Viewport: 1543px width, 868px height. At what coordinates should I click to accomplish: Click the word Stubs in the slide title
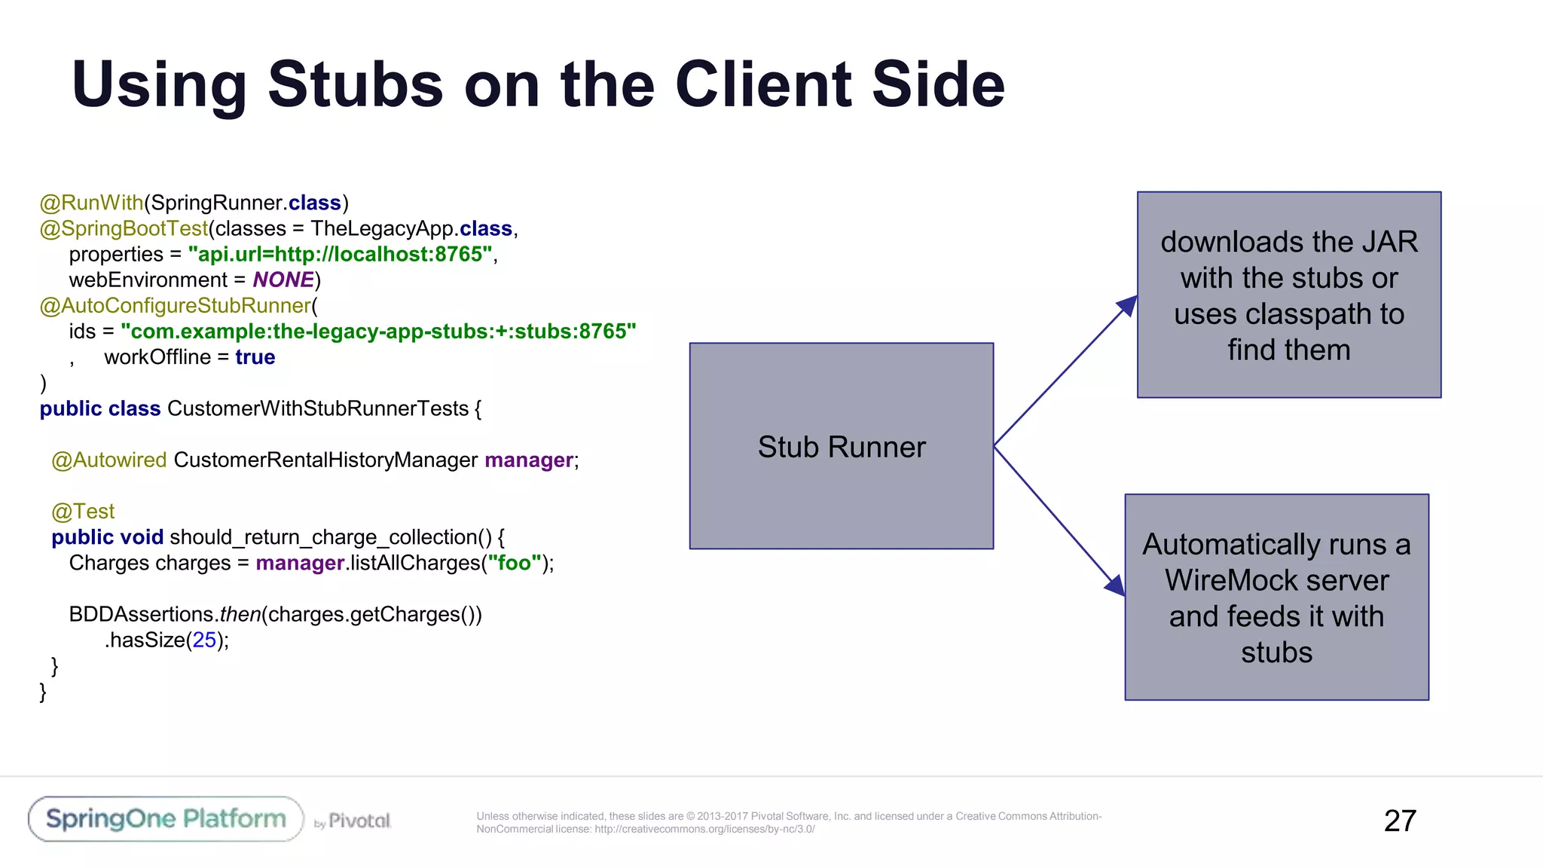pos(355,85)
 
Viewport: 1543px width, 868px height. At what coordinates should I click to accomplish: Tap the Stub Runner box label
pos(841,447)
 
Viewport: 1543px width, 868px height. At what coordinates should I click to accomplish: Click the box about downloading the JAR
pos(1288,295)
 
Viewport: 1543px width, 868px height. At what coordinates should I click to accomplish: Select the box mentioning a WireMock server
pos(1276,598)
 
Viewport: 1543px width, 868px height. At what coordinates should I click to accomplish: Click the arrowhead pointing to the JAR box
pos(1127,306)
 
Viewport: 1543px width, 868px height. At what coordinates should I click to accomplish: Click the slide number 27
pos(1399,821)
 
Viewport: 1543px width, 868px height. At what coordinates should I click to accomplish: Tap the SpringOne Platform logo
pos(166,819)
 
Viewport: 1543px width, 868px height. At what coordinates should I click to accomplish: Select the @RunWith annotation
pos(91,203)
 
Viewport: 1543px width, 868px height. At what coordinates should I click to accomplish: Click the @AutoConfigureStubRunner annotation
pos(175,306)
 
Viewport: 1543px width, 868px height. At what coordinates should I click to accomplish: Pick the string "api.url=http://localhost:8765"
pos(340,255)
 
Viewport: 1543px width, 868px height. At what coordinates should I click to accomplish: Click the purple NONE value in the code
pos(283,280)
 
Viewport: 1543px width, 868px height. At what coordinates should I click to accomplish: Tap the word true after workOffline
pos(255,357)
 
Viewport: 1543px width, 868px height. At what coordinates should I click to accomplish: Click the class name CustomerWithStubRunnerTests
pos(318,408)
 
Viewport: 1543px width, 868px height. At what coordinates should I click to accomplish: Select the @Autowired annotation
pos(109,460)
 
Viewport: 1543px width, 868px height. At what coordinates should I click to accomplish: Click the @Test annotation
pos(83,512)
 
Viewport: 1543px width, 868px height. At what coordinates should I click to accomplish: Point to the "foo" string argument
pos(515,563)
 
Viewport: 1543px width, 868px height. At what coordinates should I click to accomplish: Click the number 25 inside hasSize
pos(204,640)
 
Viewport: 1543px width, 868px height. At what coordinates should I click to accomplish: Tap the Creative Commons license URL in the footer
pos(704,830)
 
